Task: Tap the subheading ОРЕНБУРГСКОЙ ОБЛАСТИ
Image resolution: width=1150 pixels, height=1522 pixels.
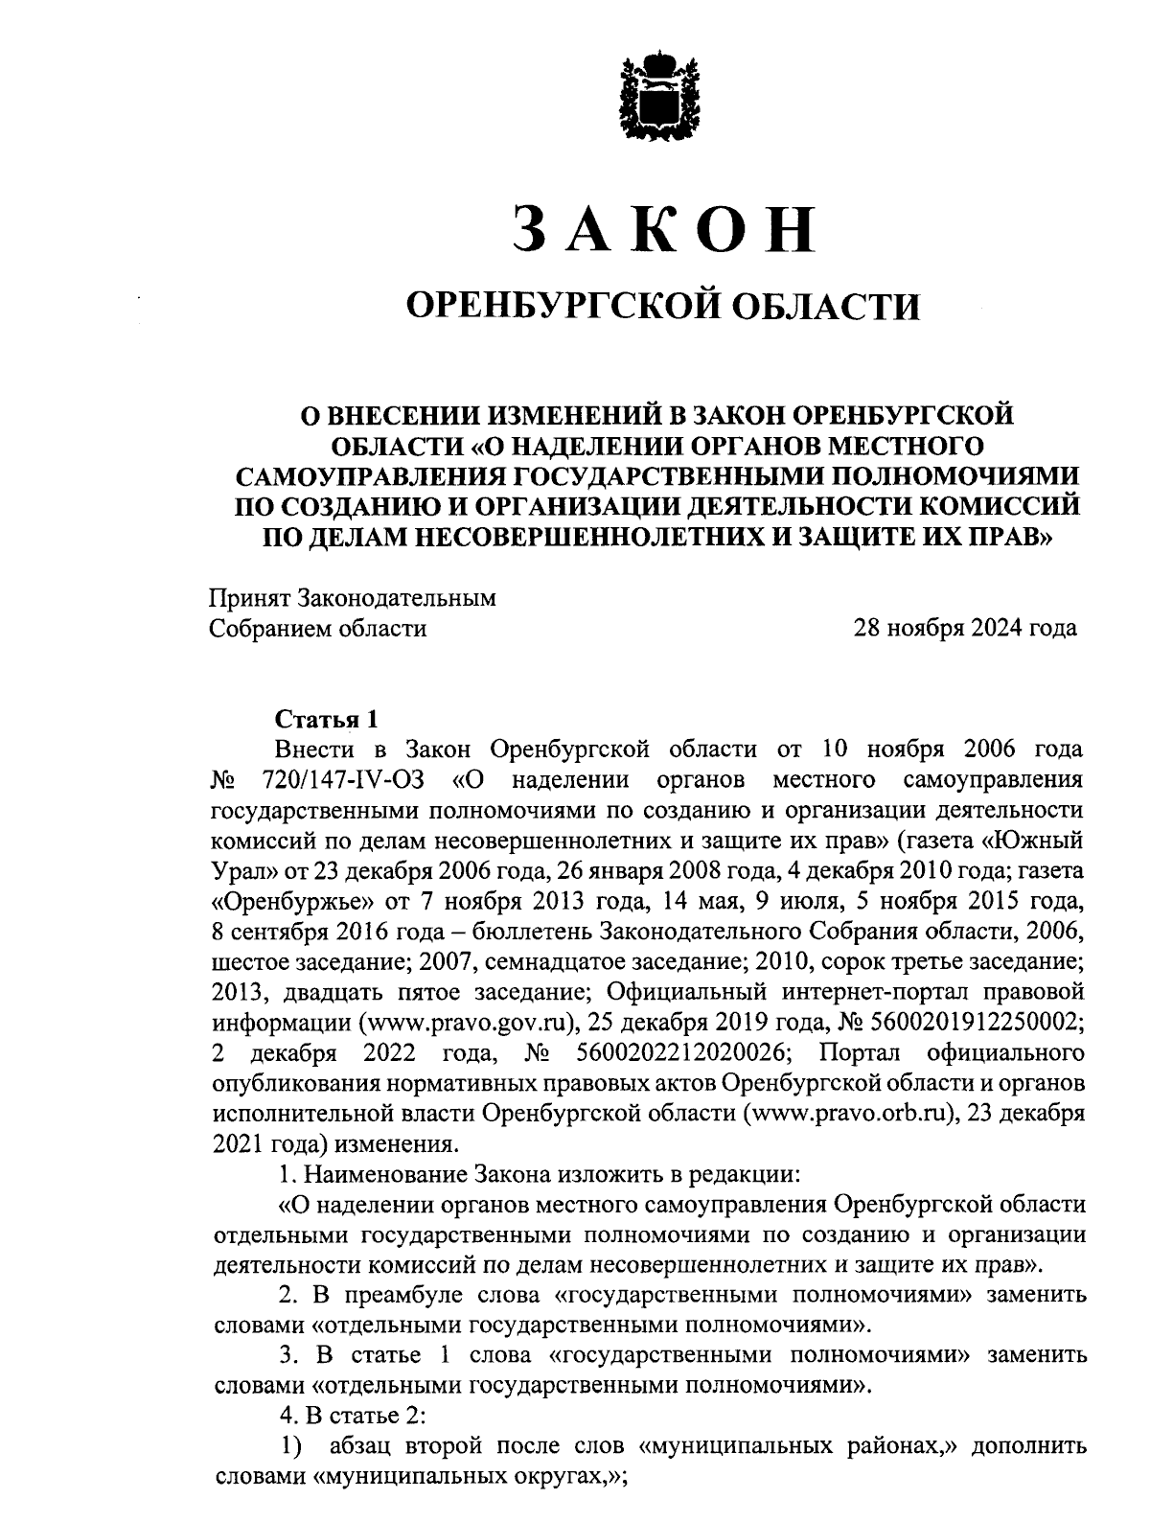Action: pyautogui.click(x=663, y=306)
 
